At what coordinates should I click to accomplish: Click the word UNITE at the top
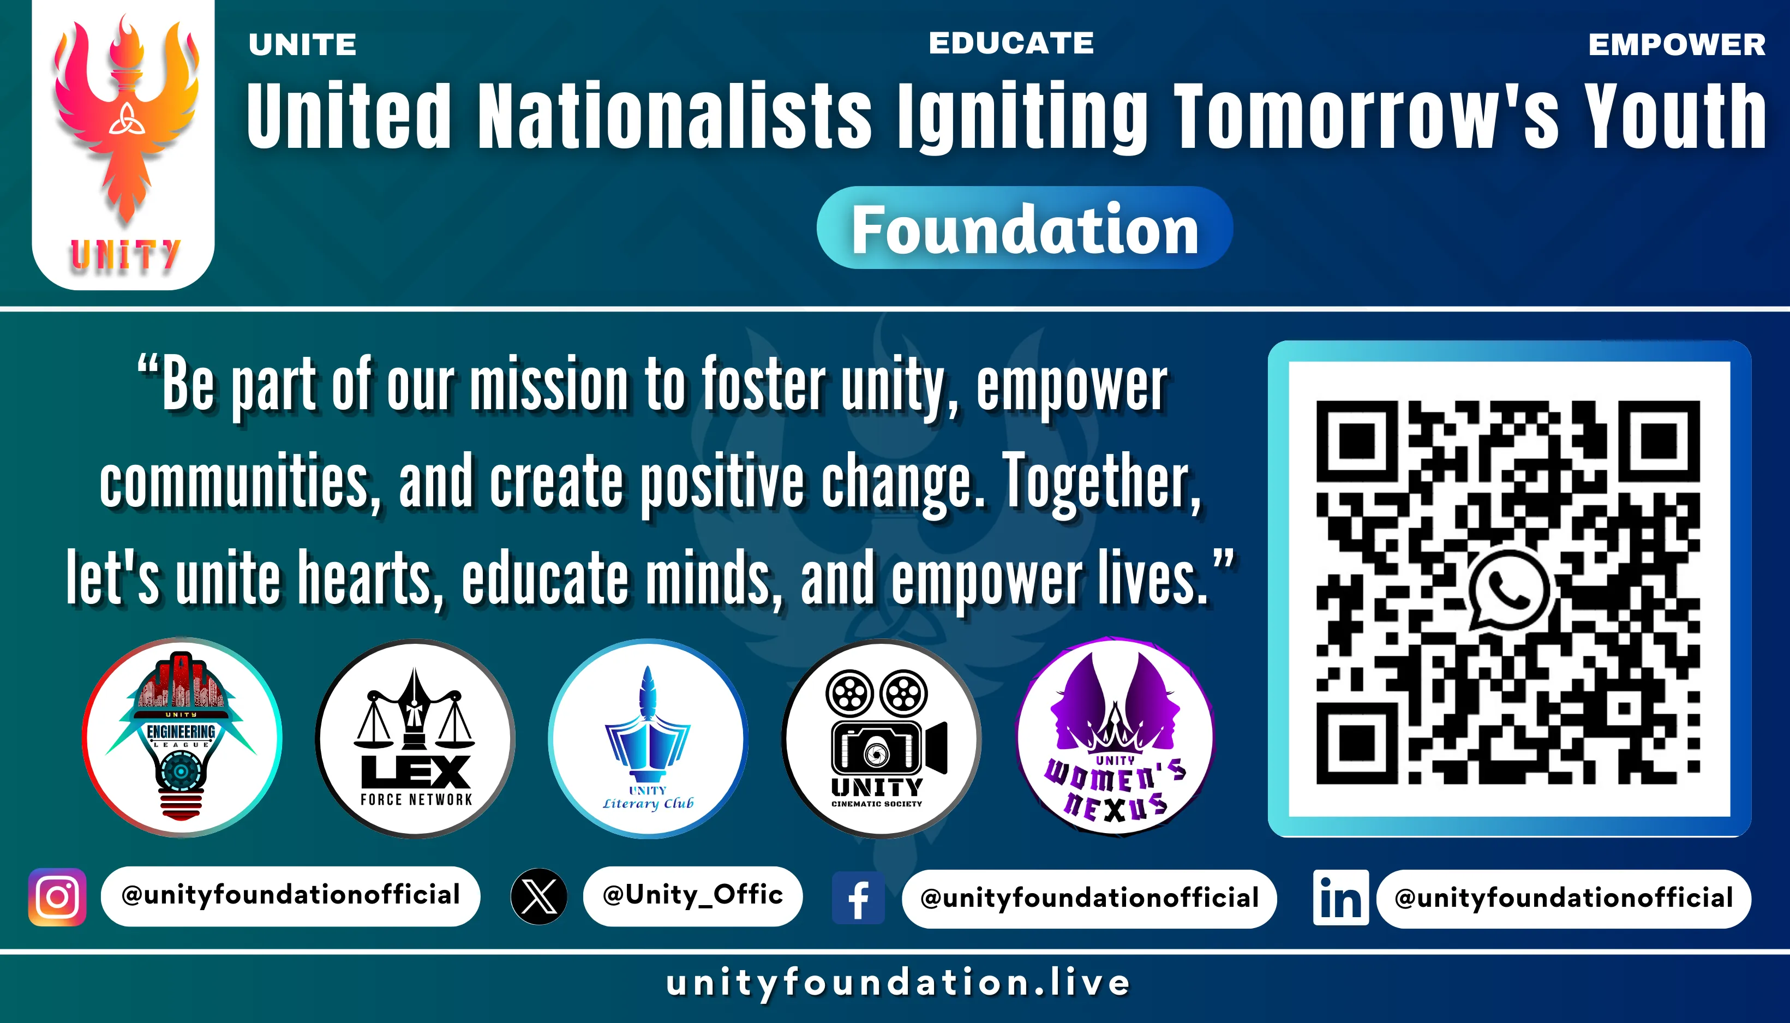303,45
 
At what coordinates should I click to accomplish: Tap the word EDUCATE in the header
1011,43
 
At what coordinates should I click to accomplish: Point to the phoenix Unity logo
124,144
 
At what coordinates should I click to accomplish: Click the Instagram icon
57,897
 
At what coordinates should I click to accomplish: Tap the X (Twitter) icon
539,896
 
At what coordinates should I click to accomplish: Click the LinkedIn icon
1340,897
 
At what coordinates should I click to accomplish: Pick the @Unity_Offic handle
693,895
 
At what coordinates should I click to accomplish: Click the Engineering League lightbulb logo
182,737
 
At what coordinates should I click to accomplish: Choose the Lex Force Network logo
415,738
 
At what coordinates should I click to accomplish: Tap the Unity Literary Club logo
648,738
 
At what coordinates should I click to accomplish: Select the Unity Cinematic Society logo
881,738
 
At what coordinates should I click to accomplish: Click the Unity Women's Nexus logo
1115,737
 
